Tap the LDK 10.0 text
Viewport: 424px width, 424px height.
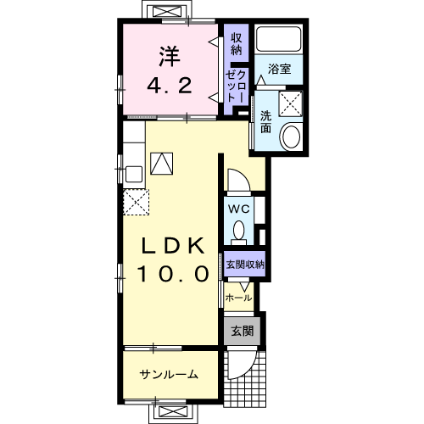(x=173, y=259)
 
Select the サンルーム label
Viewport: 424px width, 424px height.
(x=169, y=375)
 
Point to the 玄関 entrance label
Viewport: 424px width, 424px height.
(x=243, y=331)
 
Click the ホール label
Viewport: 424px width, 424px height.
(x=238, y=298)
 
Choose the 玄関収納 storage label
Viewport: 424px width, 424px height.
(x=245, y=265)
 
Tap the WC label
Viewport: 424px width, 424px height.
(x=238, y=209)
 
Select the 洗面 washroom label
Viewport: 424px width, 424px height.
(x=265, y=122)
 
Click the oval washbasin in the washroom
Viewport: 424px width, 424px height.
(x=291, y=137)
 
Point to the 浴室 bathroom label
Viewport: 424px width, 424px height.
(x=279, y=69)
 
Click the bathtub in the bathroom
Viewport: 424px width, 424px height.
(x=278, y=39)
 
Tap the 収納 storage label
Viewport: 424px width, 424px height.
(x=237, y=44)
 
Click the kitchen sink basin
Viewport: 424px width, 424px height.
(x=134, y=175)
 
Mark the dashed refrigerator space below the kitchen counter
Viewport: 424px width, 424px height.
(x=137, y=203)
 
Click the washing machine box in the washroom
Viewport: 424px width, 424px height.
(x=291, y=103)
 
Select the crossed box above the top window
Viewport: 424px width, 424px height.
(x=167, y=11)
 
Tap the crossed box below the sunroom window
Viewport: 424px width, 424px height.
(x=173, y=412)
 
